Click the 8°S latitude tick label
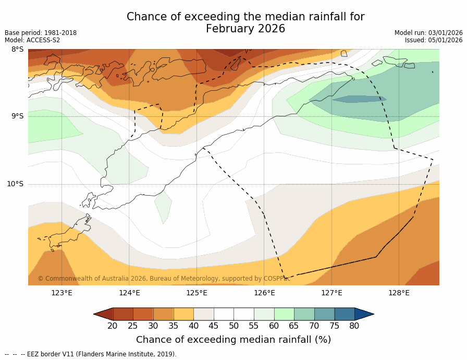coord(17,50)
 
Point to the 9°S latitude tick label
coord(17,116)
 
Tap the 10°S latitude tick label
coord(15,184)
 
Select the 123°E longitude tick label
coord(62,293)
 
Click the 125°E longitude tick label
coord(196,293)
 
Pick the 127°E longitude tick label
coord(331,293)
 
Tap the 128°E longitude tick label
coord(399,293)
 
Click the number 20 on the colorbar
coord(113,326)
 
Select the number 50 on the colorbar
coord(233,326)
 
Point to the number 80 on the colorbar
coord(354,326)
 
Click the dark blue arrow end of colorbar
coord(363,314)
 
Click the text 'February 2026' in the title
coord(245,29)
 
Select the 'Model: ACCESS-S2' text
coord(32,40)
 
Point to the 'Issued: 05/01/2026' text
coord(434,40)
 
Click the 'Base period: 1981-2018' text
coord(41,33)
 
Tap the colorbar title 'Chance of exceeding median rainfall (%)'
coord(233,340)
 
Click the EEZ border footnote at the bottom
coord(91,354)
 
